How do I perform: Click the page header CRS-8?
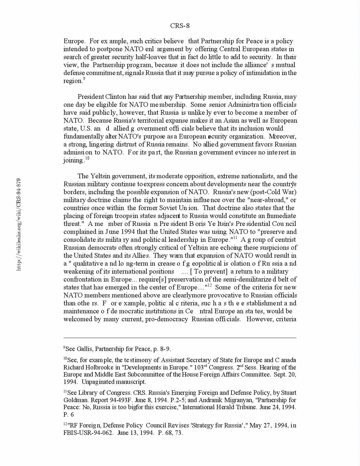[180, 26]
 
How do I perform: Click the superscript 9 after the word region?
[84, 79]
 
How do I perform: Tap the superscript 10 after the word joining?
[87, 158]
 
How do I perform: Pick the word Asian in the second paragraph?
[232, 121]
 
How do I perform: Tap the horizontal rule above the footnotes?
[180, 338]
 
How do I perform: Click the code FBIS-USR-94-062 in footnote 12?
[88, 433]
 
